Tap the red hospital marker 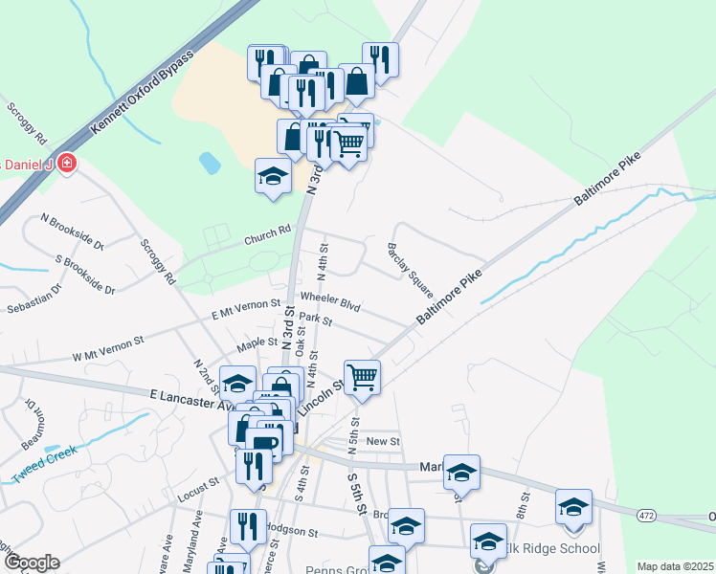coord(66,164)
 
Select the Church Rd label coord(266,232)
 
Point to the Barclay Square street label coord(410,269)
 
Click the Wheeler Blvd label coord(329,301)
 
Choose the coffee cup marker coord(263,443)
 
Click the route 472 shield coord(645,517)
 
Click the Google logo coord(31,563)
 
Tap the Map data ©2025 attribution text coord(675,566)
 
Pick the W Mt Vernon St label coord(107,347)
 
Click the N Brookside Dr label coord(72,232)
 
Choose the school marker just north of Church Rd coord(273,176)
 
